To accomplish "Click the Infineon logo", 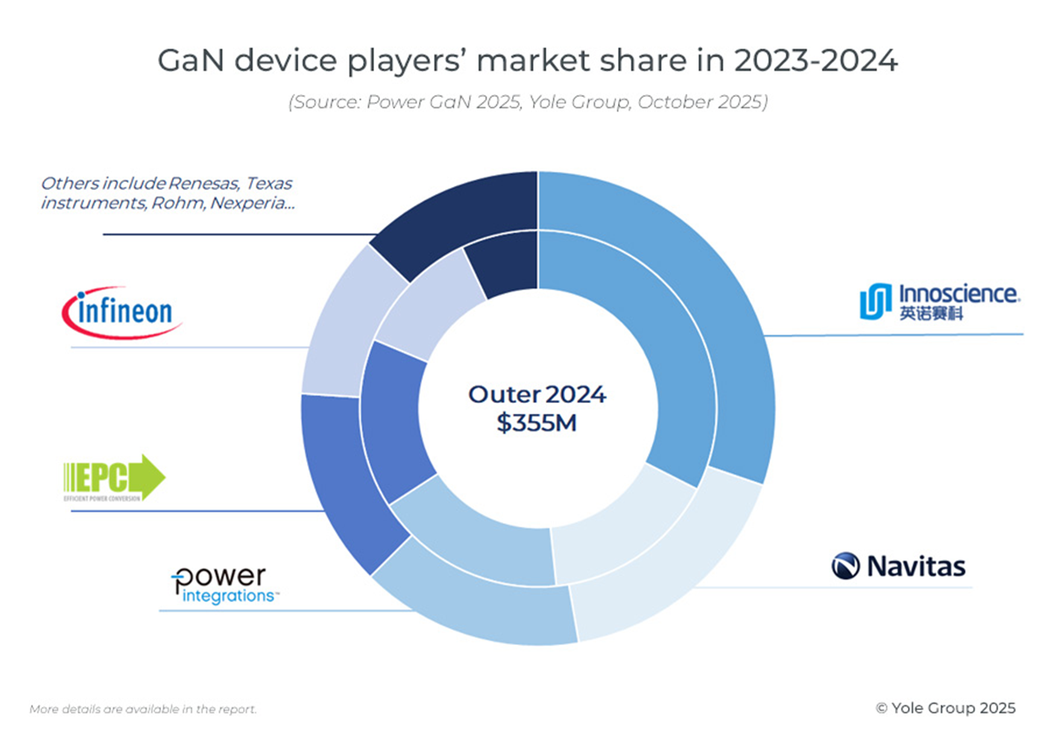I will [x=121, y=312].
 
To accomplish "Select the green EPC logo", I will [x=114, y=477].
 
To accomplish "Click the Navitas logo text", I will [x=915, y=567].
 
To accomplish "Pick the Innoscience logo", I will [x=939, y=301].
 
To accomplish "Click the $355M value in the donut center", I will [x=537, y=423].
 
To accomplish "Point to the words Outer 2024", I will [x=537, y=394].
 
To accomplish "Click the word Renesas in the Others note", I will [x=203, y=183].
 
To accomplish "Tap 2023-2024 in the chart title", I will [x=815, y=61].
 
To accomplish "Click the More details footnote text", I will [x=143, y=709].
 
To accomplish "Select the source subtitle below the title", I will [x=528, y=102].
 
